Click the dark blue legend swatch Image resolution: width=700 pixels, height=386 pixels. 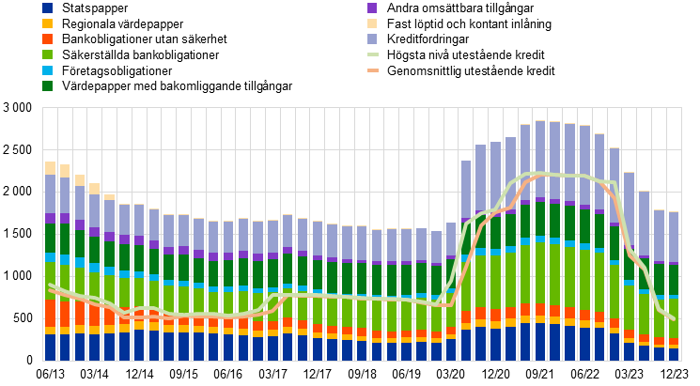point(47,8)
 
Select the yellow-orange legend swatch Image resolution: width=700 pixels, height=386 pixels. point(47,23)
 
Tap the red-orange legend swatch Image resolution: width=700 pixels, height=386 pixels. point(47,39)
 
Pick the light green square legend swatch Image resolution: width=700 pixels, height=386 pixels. point(47,54)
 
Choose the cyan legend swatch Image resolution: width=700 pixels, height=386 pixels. point(47,70)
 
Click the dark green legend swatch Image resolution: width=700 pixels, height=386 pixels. point(47,85)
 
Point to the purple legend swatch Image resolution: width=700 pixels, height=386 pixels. point(372,8)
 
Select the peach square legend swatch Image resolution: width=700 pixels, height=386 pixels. point(372,23)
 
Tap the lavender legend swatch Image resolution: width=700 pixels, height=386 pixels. point(372,39)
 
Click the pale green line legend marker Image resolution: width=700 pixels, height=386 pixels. point(372,54)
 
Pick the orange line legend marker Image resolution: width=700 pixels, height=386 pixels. point(372,70)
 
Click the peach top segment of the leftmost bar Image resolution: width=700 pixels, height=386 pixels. point(50,168)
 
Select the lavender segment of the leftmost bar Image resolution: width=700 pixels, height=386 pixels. point(50,193)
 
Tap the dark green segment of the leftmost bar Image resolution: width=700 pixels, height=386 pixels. point(50,238)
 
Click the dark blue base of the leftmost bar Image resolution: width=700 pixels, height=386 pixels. point(50,347)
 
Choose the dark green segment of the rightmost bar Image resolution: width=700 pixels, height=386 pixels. point(673,280)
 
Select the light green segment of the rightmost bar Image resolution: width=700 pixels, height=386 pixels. point(673,317)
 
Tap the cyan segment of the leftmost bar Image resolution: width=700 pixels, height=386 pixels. point(50,257)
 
